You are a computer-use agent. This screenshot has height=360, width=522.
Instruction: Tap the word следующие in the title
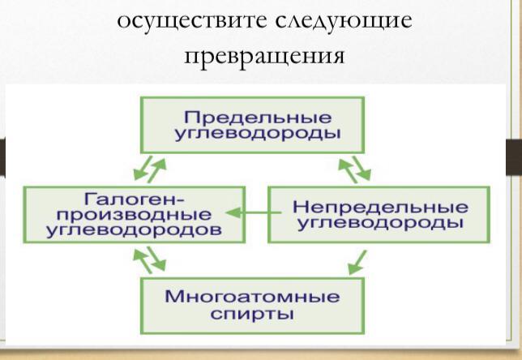pyautogui.click(x=344, y=20)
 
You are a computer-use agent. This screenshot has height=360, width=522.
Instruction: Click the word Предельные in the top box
pyautogui.click(x=258, y=118)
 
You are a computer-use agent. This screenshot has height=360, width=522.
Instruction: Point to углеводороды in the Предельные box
pyautogui.click(x=258, y=134)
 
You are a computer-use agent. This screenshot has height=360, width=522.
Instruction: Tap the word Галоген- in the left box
pyautogui.click(x=134, y=199)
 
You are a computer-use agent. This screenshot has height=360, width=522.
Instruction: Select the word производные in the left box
pyautogui.click(x=134, y=215)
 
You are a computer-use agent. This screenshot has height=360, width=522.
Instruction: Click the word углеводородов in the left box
pyautogui.click(x=134, y=229)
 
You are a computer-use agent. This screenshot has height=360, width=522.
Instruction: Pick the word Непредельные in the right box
pyautogui.click(x=380, y=207)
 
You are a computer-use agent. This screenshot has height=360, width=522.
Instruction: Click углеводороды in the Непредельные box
pyautogui.click(x=380, y=223)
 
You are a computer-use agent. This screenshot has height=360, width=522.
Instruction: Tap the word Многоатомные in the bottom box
pyautogui.click(x=252, y=297)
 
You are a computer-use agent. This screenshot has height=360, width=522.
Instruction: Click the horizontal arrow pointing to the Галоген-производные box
pyautogui.click(x=254, y=212)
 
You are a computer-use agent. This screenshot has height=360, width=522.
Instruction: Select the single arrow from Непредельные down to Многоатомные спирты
pyautogui.click(x=357, y=263)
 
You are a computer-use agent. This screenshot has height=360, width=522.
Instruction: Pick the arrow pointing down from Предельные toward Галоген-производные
pyautogui.click(x=143, y=168)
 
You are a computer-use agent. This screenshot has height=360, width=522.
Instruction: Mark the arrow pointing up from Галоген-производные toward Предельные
pyautogui.click(x=156, y=170)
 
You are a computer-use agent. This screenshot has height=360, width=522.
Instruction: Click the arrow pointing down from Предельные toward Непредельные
pyautogui.click(x=362, y=168)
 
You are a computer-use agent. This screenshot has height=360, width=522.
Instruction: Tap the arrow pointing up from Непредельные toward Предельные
pyautogui.click(x=348, y=171)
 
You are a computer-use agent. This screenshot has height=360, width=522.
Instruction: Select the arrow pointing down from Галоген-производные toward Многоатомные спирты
pyautogui.click(x=156, y=259)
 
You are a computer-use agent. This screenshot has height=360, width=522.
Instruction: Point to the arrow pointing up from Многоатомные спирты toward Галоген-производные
pyautogui.click(x=143, y=261)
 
